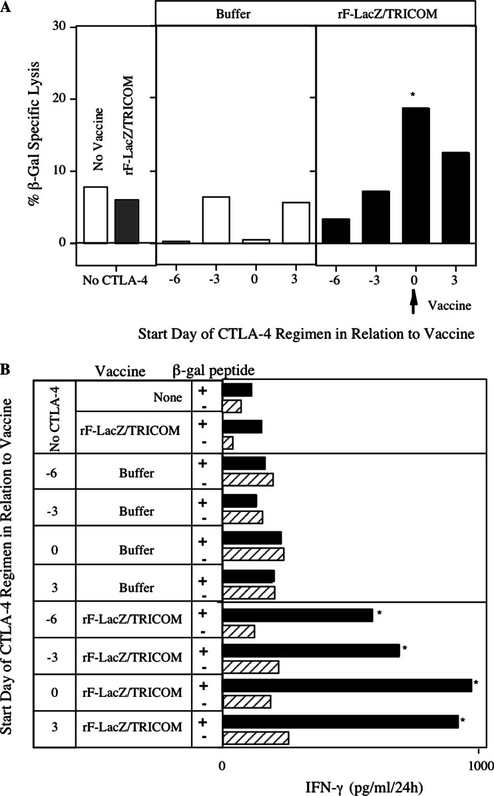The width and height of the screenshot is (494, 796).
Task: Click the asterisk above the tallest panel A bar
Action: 413,97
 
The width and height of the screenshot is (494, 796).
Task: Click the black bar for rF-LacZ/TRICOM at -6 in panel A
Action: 335,231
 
